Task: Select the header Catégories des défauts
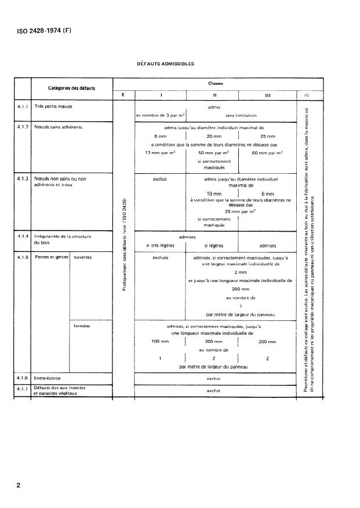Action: (x=72, y=88)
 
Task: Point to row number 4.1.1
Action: (x=24, y=107)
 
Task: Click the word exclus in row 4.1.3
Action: (x=159, y=179)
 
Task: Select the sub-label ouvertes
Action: (x=83, y=256)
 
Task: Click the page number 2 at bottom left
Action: (x=19, y=485)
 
